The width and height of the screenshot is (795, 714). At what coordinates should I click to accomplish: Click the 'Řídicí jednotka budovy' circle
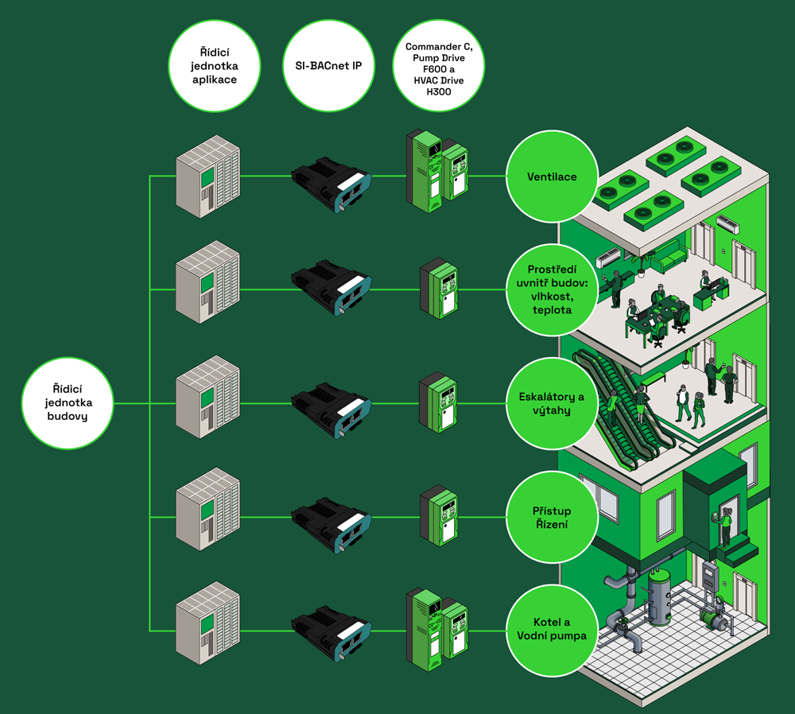click(68, 403)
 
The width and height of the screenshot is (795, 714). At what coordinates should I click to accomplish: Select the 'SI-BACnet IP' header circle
click(328, 66)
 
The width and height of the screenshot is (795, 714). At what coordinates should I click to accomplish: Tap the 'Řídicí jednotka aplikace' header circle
click(215, 66)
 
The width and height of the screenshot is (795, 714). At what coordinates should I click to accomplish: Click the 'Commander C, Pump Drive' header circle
click(439, 66)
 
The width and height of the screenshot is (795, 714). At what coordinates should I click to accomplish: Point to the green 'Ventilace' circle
click(553, 177)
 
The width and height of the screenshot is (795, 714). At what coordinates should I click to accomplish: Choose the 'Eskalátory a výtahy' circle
click(553, 404)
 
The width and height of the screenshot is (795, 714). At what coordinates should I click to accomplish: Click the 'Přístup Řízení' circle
click(553, 518)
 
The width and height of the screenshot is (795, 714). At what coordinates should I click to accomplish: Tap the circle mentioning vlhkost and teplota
click(553, 290)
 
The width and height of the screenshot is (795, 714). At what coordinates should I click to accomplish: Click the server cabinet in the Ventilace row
click(207, 177)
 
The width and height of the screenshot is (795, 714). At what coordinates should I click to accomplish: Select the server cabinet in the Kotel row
click(207, 623)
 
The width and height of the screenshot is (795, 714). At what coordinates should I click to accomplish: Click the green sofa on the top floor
click(670, 255)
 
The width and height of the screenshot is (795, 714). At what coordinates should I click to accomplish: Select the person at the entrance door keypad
click(726, 527)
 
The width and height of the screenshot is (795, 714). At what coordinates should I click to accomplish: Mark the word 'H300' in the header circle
click(439, 91)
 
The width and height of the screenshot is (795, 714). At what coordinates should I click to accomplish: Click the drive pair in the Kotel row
click(437, 629)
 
